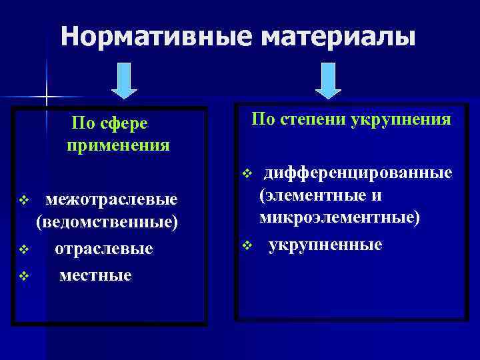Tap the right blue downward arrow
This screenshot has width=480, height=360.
[x=327, y=81]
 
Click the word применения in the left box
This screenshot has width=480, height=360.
[x=118, y=144]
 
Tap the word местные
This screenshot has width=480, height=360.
[x=95, y=274]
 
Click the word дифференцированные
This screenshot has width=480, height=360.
[x=358, y=173]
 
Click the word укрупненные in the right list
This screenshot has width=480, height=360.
[x=325, y=245]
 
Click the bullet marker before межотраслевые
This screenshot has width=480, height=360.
[x=25, y=199]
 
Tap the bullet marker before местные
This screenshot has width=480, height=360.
[x=25, y=275]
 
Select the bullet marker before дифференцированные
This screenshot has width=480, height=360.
[x=246, y=174]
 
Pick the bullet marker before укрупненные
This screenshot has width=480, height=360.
[x=246, y=245]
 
